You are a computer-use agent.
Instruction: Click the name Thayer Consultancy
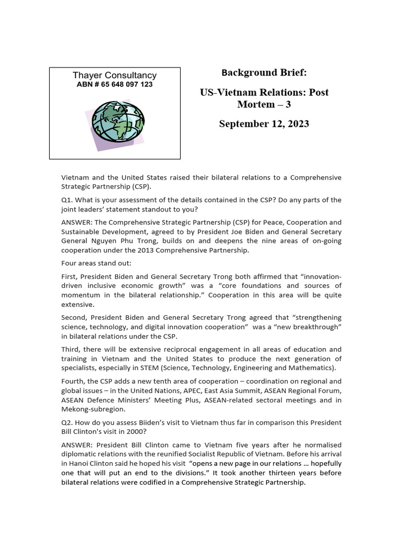pos(115,75)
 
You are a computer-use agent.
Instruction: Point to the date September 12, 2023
pos(264,124)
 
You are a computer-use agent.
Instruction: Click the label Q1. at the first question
pos(68,200)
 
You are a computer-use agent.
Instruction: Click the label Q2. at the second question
pos(68,422)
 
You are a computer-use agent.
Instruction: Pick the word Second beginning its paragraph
pos(75,318)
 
